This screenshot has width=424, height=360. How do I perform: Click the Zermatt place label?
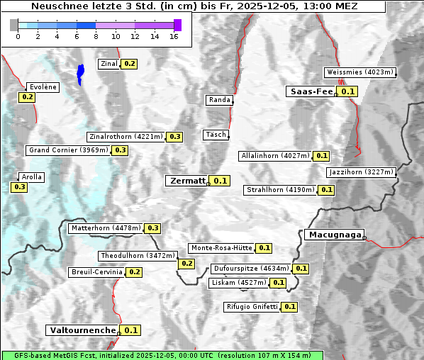[x=186, y=181]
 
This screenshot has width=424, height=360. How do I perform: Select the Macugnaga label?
[x=334, y=235]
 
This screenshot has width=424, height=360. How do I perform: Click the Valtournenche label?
[x=82, y=330]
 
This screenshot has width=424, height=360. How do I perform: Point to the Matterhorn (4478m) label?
[x=106, y=228]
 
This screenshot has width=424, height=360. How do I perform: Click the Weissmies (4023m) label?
[x=359, y=72]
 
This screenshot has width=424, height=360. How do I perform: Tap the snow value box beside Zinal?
[x=129, y=64]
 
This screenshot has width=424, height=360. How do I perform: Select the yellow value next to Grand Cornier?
[x=120, y=150]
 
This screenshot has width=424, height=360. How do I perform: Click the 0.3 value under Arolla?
[x=19, y=187]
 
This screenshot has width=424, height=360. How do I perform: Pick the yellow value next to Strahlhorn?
[x=326, y=190]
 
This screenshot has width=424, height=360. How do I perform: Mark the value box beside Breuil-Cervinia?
[x=135, y=272]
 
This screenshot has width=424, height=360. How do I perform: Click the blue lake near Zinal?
[x=80, y=73]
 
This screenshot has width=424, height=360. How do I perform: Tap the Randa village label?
[x=219, y=100]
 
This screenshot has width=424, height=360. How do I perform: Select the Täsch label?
[x=216, y=135]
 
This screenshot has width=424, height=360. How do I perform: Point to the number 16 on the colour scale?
[x=174, y=35]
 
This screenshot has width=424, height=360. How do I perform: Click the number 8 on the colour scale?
[x=96, y=35]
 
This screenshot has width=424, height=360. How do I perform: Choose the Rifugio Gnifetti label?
[x=252, y=307]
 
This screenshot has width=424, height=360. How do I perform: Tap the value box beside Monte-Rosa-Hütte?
[x=264, y=248]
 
